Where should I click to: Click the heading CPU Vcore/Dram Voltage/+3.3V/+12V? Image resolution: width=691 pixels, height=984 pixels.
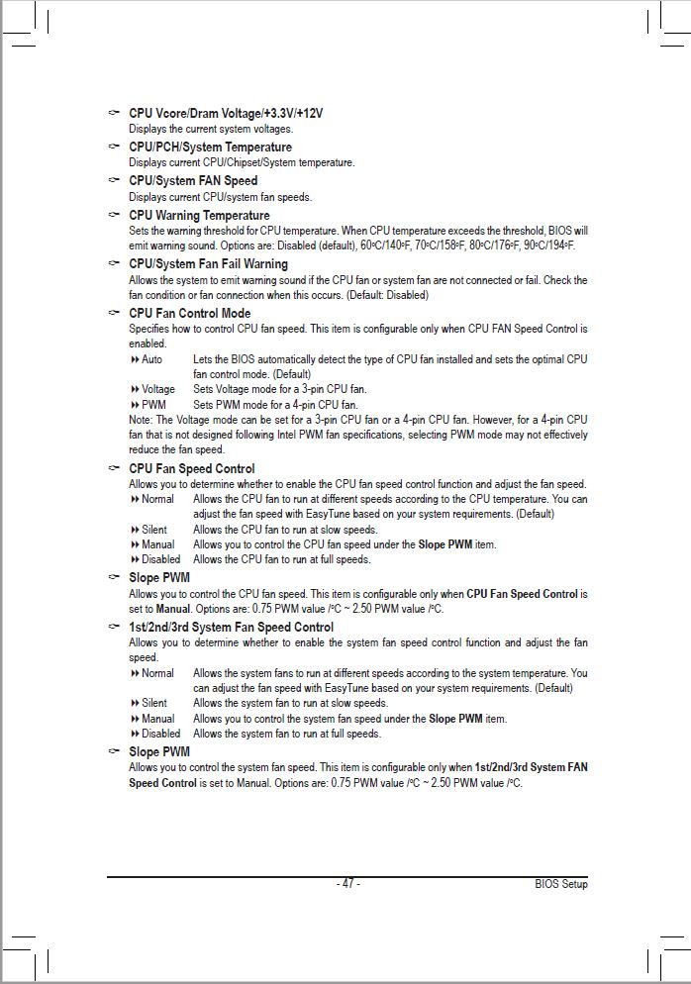[x=226, y=113]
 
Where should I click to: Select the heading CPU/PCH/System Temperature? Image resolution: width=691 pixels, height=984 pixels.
[x=210, y=147]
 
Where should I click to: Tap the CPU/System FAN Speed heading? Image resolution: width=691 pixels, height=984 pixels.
[x=193, y=180]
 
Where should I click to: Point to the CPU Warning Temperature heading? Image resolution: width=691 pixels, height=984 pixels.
[x=199, y=215]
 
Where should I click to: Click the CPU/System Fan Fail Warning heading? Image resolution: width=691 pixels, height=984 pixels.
[x=208, y=263]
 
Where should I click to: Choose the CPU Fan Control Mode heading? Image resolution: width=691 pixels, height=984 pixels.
[x=189, y=313]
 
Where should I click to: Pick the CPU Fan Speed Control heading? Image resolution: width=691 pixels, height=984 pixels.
[x=191, y=468]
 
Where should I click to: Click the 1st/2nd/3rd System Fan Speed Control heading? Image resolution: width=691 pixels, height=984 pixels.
[x=231, y=627]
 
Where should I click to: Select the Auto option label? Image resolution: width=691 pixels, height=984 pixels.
[x=151, y=359]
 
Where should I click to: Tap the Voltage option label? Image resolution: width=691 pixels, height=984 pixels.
[x=157, y=389]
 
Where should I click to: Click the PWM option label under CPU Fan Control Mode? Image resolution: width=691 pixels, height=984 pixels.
[x=153, y=404]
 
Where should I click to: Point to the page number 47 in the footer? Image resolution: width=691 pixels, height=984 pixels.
[x=347, y=883]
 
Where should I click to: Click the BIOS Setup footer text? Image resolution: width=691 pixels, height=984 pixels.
[x=560, y=883]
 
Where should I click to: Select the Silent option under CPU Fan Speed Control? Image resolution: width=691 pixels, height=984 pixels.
[x=153, y=530]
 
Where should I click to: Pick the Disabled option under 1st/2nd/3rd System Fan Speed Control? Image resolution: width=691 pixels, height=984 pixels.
[x=160, y=734]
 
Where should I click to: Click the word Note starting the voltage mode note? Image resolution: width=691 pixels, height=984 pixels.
[x=140, y=420]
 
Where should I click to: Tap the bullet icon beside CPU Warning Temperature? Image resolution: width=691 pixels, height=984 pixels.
[x=115, y=215]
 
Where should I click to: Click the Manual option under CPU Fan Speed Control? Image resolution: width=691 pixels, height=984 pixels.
[x=157, y=544]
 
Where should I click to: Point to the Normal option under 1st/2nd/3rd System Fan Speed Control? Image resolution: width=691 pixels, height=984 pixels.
[x=157, y=673]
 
